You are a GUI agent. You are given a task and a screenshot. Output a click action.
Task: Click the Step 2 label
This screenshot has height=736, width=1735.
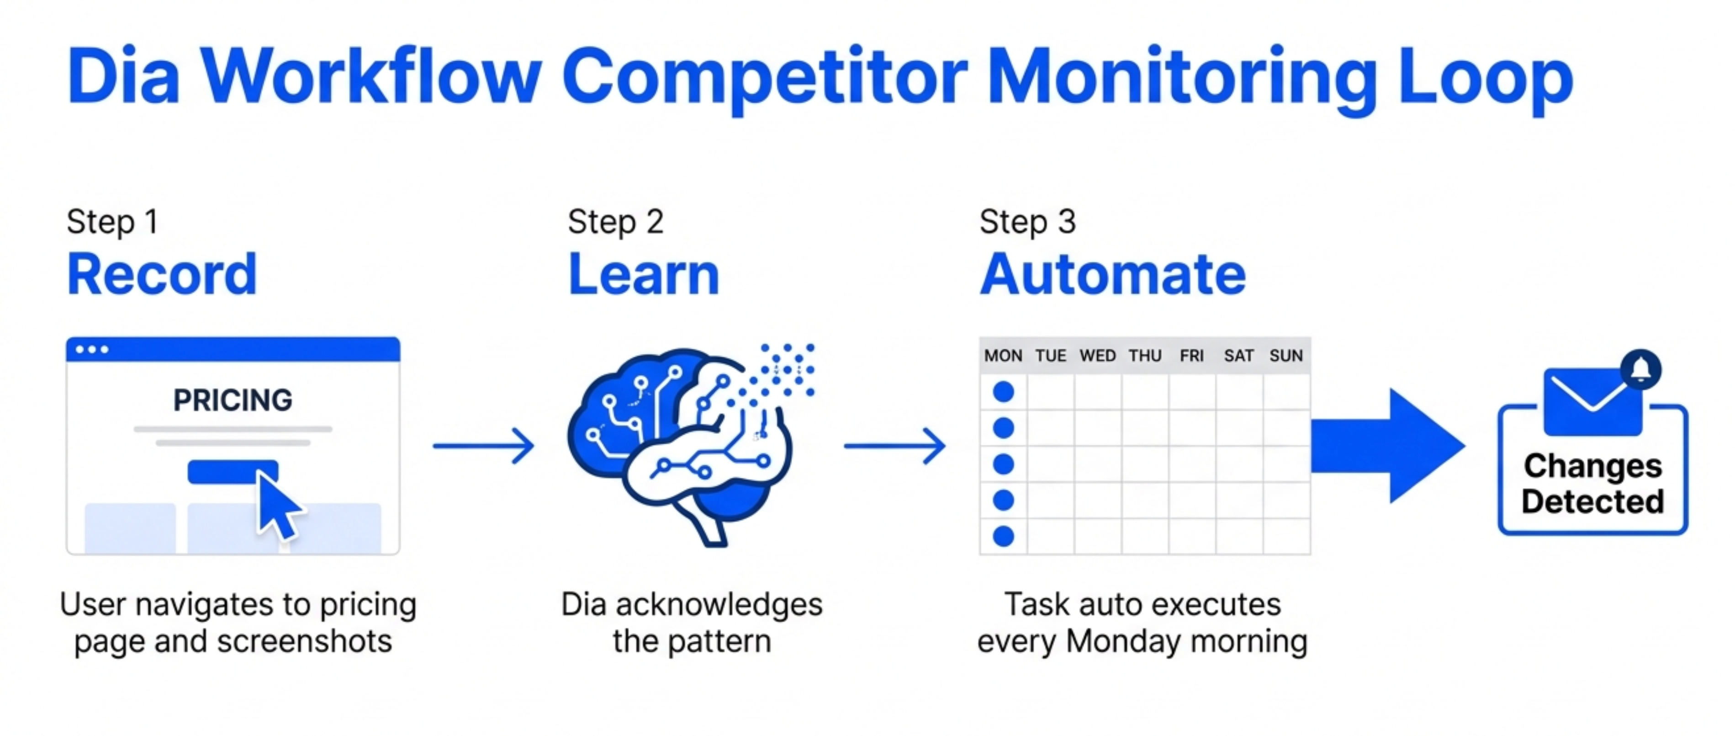pos(616,222)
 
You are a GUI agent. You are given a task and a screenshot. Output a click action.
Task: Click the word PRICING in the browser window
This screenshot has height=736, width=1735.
pos(233,400)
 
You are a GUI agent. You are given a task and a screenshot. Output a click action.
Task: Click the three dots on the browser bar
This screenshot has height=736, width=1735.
pos(92,349)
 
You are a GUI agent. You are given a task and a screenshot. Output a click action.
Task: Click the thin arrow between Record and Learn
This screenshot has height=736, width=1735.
pos(484,446)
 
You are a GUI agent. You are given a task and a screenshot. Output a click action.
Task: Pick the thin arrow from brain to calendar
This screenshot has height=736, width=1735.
pos(894,446)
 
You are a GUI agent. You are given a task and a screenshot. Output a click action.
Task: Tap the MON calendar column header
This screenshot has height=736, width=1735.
pos(1003,356)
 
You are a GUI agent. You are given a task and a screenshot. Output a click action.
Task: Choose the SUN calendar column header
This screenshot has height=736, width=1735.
pos(1286,356)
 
